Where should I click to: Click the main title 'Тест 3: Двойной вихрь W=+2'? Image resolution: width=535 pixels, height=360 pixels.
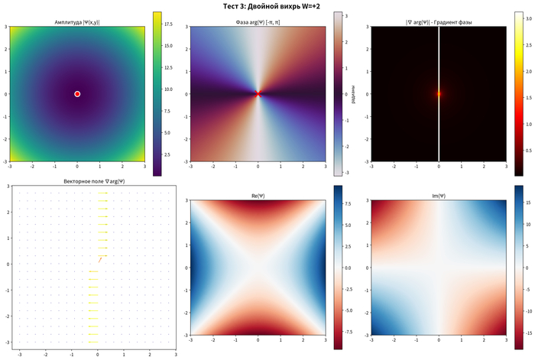pyautogui.click(x=267, y=6)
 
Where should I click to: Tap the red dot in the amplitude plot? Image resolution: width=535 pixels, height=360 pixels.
pyautogui.click(x=77, y=94)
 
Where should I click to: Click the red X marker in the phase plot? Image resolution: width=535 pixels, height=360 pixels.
pyautogui.click(x=258, y=94)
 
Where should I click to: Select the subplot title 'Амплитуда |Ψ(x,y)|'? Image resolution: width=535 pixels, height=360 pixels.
pyautogui.click(x=77, y=23)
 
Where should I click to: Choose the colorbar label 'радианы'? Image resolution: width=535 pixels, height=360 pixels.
pyautogui.click(x=352, y=94)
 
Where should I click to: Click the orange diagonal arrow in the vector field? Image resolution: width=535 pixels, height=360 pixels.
pyautogui.click(x=100, y=260)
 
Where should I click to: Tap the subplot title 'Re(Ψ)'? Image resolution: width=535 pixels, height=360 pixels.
pyautogui.click(x=258, y=196)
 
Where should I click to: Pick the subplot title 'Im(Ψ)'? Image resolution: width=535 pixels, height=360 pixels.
pyautogui.click(x=439, y=196)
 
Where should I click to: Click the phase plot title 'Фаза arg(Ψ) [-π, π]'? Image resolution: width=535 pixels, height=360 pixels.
pyautogui.click(x=258, y=23)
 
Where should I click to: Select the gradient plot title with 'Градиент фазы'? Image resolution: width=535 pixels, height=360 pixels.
pyautogui.click(x=439, y=23)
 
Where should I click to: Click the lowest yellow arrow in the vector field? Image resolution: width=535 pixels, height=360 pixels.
pyautogui.click(x=93, y=332)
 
